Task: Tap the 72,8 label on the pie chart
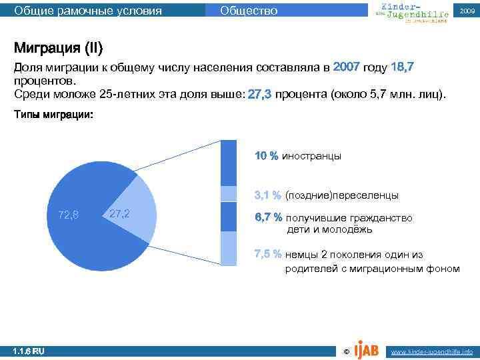tap(68, 215)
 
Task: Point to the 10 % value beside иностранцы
tap(266, 156)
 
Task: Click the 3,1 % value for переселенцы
tap(267, 196)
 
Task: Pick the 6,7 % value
tap(267, 218)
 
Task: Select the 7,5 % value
tap(267, 254)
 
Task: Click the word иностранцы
tap(311, 156)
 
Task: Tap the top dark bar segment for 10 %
tap(229, 163)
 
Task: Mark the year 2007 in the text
tap(346, 67)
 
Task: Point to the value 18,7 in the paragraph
tap(403, 67)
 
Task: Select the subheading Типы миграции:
tap(54, 115)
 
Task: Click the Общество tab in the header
tap(248, 10)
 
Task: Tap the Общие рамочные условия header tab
tap(87, 10)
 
